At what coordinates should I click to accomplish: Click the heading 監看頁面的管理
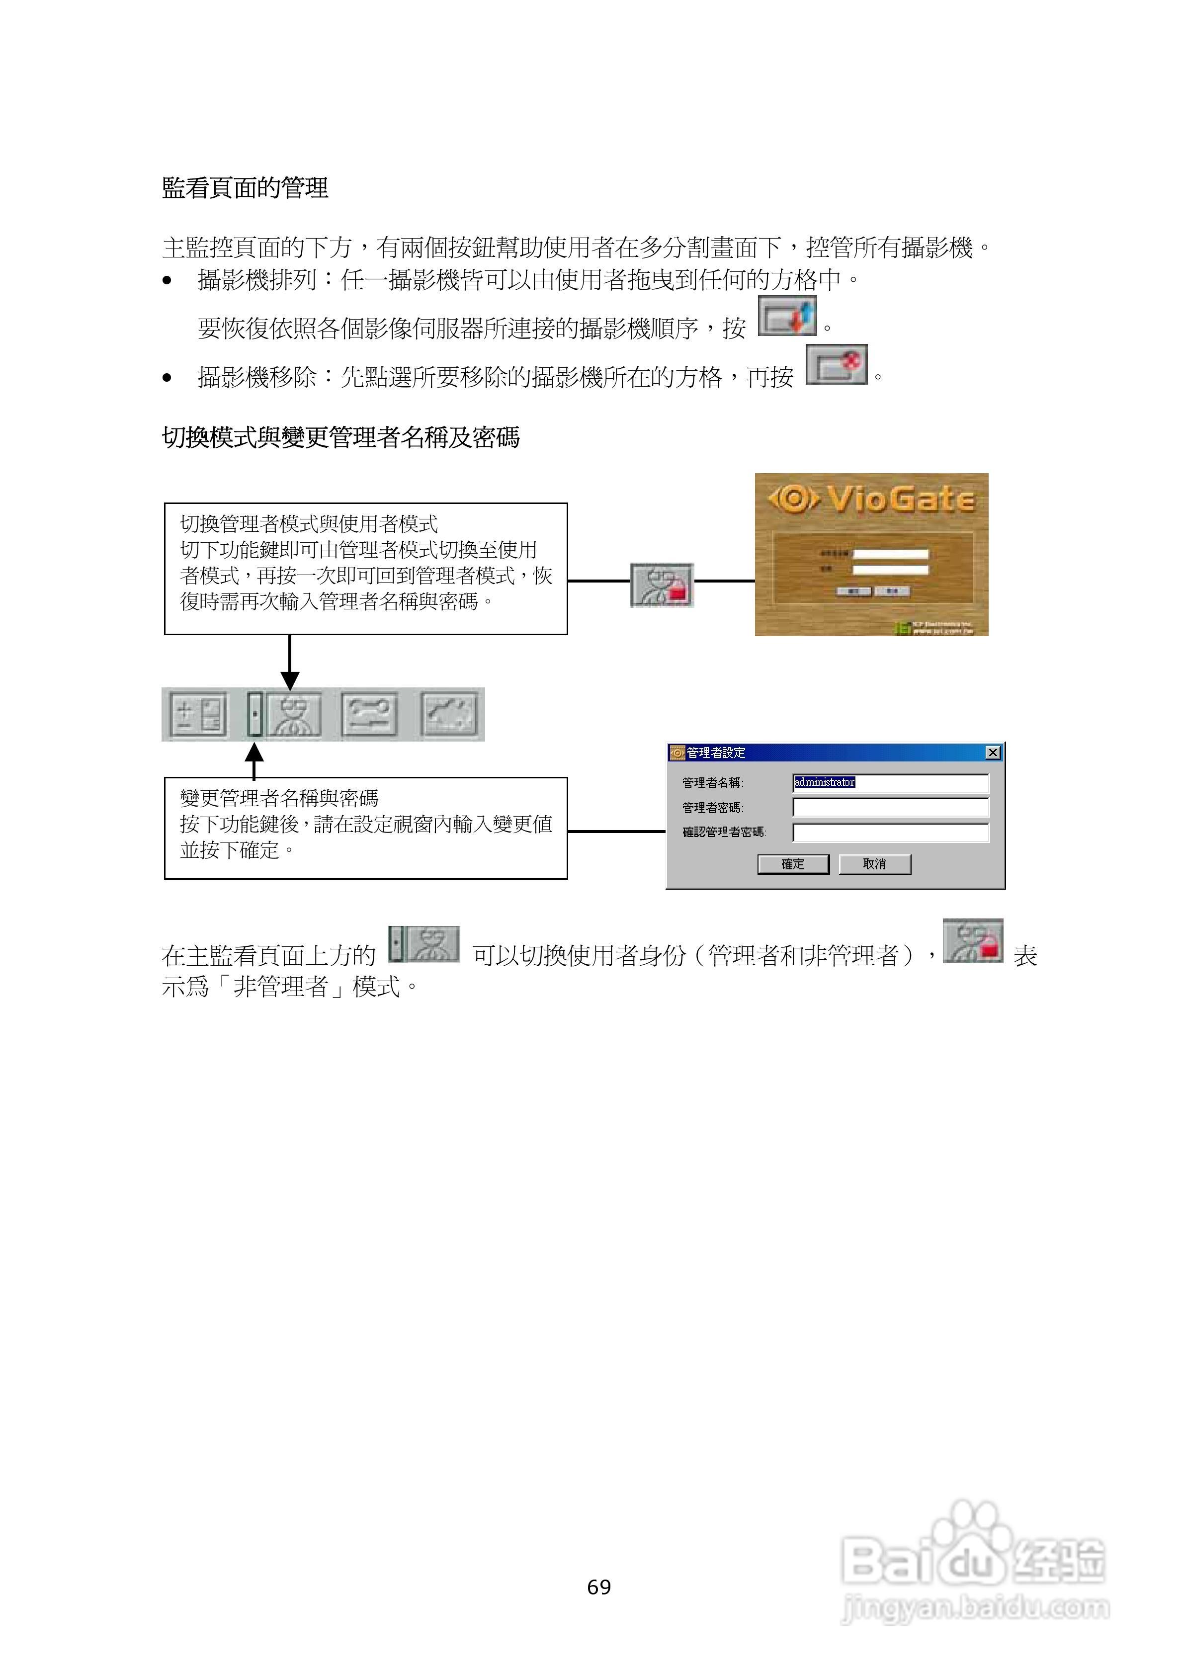pyautogui.click(x=245, y=188)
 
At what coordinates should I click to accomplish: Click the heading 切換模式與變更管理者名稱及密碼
pyautogui.click(x=340, y=437)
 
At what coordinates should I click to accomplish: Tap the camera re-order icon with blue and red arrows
pyautogui.click(x=787, y=317)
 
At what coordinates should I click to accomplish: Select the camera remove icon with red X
pyautogui.click(x=837, y=364)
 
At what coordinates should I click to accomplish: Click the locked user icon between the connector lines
pyautogui.click(x=662, y=585)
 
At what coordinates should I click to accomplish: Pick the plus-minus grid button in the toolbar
pyautogui.click(x=198, y=715)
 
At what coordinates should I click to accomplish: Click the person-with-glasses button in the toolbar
pyautogui.click(x=293, y=715)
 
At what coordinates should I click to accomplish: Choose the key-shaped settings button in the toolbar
pyautogui.click(x=370, y=715)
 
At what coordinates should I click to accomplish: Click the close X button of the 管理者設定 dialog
pyautogui.click(x=993, y=753)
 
